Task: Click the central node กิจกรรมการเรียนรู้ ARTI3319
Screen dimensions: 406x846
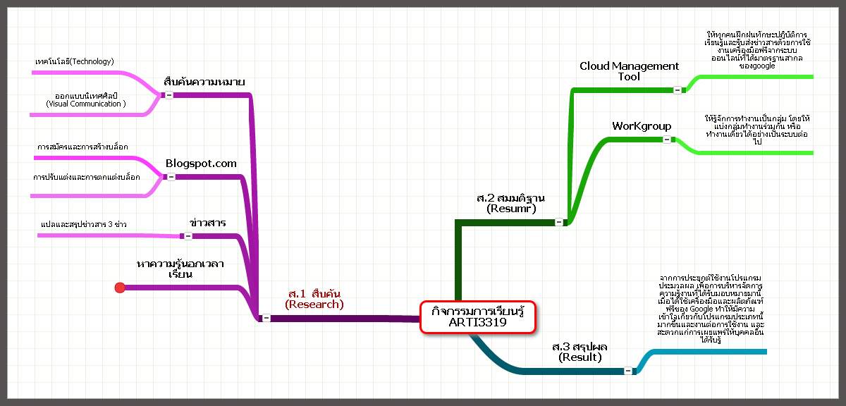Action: click(x=478, y=316)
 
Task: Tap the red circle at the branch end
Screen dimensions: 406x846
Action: click(x=120, y=287)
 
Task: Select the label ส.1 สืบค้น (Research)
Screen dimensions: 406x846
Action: click(x=314, y=299)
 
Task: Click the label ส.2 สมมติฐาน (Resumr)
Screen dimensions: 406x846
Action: click(x=511, y=203)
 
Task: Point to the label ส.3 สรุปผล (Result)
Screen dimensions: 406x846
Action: click(x=580, y=352)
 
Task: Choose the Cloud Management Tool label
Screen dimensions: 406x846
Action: click(x=629, y=70)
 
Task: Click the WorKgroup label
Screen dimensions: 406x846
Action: click(x=642, y=126)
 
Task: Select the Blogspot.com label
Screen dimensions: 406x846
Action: click(x=201, y=164)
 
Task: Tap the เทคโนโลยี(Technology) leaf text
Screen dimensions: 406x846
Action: click(x=74, y=62)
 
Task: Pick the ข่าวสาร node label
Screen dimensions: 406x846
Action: click(x=207, y=223)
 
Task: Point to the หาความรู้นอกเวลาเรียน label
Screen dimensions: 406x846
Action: click(x=180, y=269)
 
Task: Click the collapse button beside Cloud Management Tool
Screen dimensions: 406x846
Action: click(x=678, y=90)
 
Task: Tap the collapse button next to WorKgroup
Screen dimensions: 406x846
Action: click(x=666, y=140)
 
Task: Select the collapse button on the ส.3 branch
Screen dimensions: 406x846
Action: click(x=627, y=371)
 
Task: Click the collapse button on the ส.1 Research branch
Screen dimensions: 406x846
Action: click(x=266, y=318)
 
